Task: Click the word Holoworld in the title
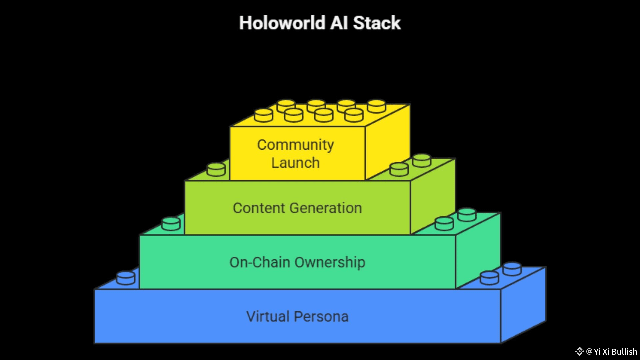point(282,23)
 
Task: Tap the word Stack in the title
point(377,23)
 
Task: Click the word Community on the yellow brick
point(295,145)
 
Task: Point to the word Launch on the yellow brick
point(295,163)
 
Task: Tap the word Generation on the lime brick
point(326,208)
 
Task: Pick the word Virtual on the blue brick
point(268,317)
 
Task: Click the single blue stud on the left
point(126,278)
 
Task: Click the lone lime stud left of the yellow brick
point(216,169)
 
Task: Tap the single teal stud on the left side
point(171,224)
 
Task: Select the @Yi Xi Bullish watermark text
point(611,352)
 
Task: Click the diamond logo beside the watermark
point(579,351)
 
